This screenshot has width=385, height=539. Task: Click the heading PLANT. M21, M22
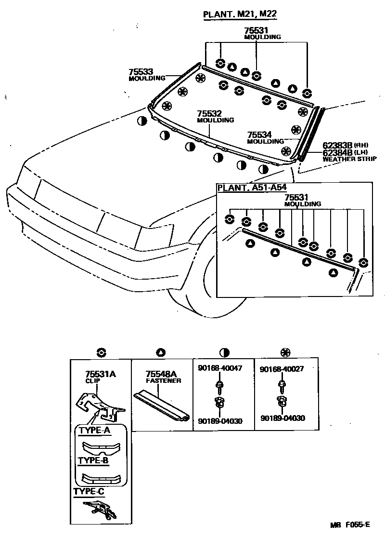tap(240, 14)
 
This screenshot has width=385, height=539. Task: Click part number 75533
tap(141, 71)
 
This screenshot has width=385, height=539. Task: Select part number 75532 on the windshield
tap(209, 114)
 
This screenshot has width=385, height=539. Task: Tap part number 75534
tap(260, 135)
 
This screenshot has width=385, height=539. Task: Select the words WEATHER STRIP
tap(349, 159)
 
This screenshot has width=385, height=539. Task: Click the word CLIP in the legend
tap(92, 380)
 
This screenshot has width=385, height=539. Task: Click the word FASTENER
tap(164, 380)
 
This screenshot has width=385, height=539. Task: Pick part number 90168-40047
tap(220, 368)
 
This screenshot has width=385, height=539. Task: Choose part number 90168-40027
tap(282, 369)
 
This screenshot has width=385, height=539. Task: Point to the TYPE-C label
tap(89, 492)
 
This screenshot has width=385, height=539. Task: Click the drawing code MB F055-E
tap(350, 525)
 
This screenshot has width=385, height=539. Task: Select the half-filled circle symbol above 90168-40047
tap(224, 352)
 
